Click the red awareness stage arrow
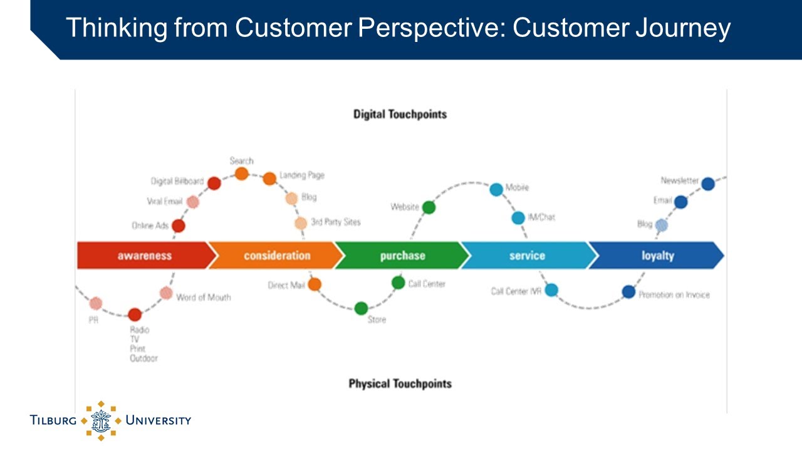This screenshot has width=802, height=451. coord(144,256)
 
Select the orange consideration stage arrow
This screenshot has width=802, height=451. coord(276,256)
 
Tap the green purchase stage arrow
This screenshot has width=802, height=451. coord(402,256)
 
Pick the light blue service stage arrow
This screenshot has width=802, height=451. coord(527,256)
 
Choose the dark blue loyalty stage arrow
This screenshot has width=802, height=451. coord(657,256)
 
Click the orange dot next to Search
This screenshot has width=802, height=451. coord(242,174)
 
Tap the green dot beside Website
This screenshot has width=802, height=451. coord(429,207)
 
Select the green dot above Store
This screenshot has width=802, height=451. coord(361,308)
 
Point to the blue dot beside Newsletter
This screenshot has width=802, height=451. coord(708,184)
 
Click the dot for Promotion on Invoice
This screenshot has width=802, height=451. coord(629,291)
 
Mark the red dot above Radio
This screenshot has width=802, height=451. coord(135,314)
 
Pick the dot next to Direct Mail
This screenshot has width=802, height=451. coord(315,284)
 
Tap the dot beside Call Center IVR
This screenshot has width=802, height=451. coord(551,290)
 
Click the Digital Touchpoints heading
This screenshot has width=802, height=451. coord(400,115)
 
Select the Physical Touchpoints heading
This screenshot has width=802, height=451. coord(400,383)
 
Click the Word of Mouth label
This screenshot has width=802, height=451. coord(203,297)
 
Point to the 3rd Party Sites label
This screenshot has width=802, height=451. coord(335,222)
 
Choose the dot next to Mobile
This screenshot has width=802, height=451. coord(496,189)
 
